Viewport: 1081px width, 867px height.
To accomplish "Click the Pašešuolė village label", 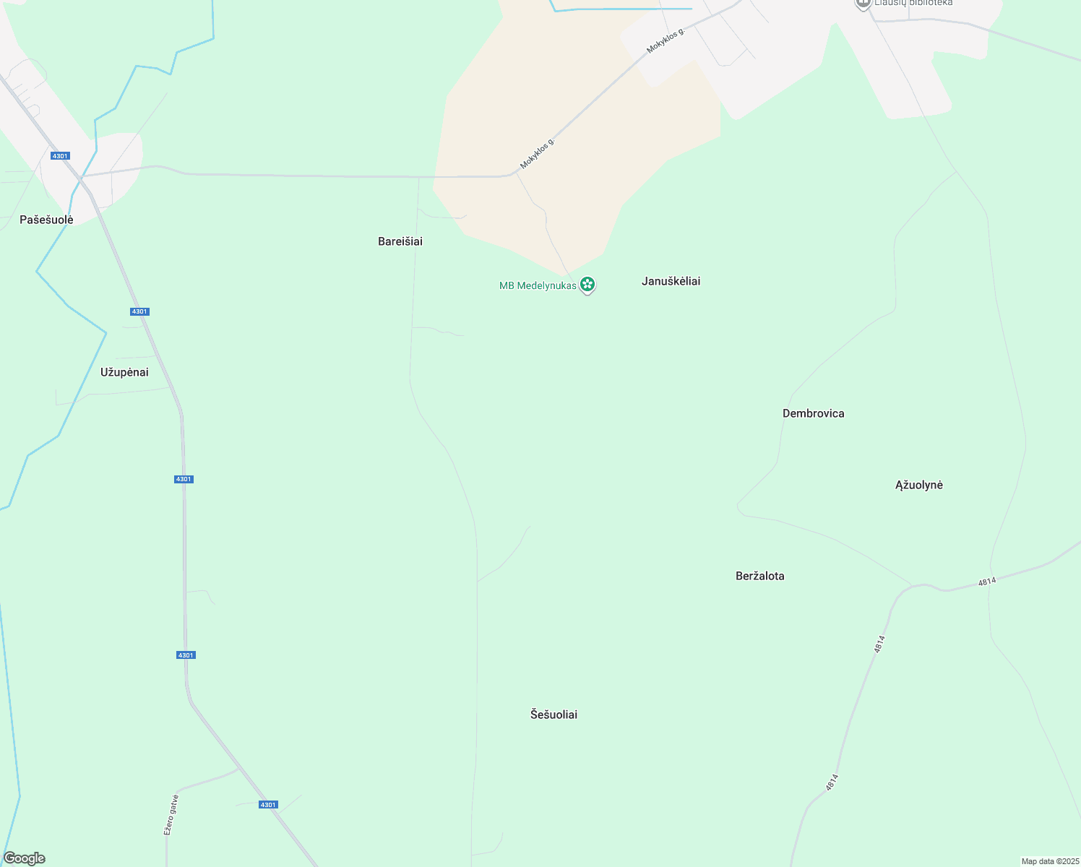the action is click(x=46, y=220).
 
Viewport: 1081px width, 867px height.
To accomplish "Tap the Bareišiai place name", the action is click(x=400, y=241).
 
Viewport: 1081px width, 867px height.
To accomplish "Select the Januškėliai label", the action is click(x=671, y=281).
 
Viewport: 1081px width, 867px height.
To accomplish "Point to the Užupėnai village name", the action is click(x=124, y=372).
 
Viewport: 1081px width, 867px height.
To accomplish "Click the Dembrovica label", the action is click(x=813, y=413).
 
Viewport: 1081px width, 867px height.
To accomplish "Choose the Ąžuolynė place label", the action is click(x=918, y=485).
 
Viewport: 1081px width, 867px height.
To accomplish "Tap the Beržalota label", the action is click(x=759, y=576).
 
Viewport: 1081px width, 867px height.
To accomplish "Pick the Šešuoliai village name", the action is click(x=554, y=715).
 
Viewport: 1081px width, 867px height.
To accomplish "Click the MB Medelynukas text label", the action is click(x=538, y=285).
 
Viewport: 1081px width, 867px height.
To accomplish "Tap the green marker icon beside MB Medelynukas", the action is click(x=587, y=285).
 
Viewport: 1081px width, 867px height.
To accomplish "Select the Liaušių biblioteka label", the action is click(x=913, y=3).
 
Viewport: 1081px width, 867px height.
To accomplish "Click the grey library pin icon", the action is click(x=862, y=4).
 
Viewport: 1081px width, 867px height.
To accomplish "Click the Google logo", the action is click(x=25, y=858).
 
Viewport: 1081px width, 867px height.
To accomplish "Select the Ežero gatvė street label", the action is click(x=171, y=815).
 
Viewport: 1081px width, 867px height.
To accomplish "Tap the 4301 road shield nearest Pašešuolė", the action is click(x=60, y=156).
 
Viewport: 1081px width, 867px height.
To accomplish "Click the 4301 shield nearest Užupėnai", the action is click(x=139, y=311).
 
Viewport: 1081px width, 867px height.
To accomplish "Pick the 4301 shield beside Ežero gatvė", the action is click(x=267, y=804).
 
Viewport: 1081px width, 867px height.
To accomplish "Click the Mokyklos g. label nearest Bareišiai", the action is click(x=538, y=153).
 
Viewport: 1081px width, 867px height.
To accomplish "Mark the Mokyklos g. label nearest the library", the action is click(x=665, y=40).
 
